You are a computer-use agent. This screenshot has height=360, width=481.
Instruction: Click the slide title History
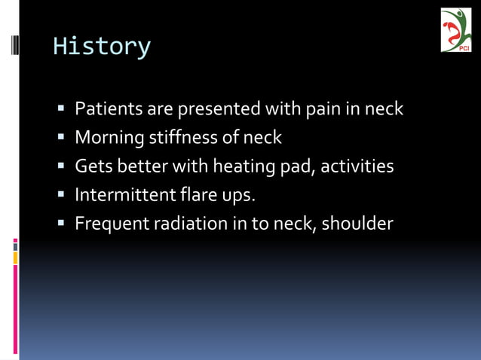[102, 47]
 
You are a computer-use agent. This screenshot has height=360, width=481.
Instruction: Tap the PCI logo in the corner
[455, 30]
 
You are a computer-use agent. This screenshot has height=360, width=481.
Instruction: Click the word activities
[357, 166]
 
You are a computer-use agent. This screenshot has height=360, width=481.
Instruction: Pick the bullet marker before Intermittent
[62, 196]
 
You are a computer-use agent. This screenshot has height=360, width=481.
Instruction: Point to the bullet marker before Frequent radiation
[62, 224]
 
